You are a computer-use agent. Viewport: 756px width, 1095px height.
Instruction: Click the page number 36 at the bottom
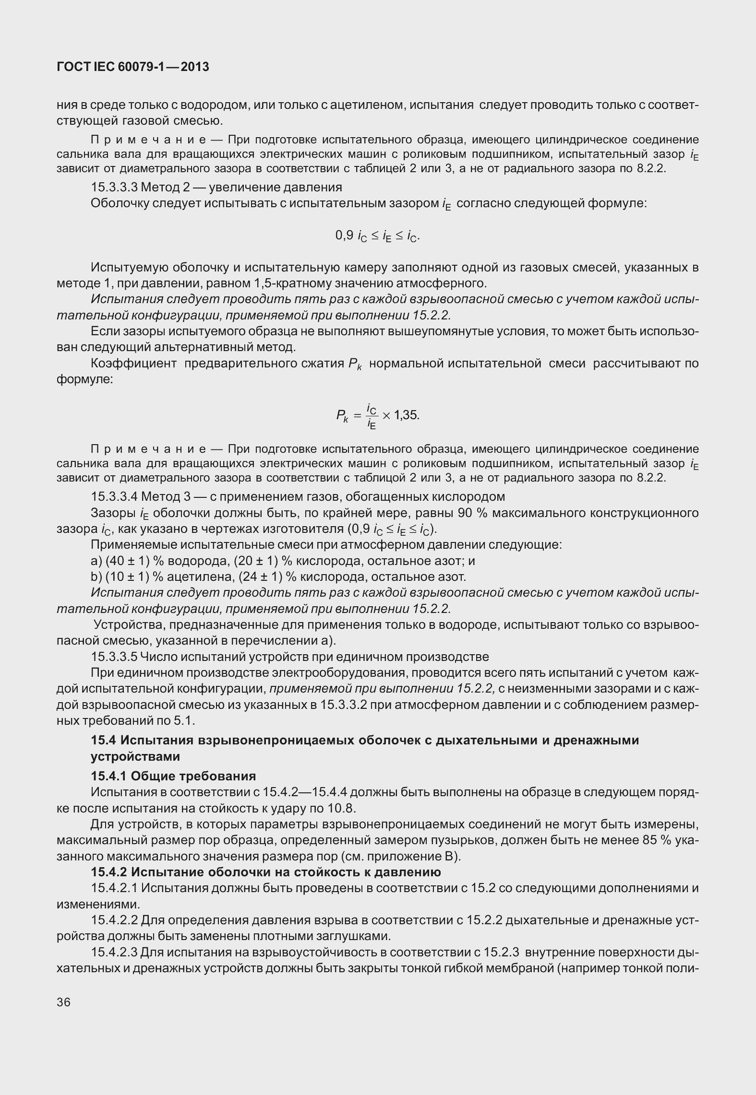click(x=63, y=1002)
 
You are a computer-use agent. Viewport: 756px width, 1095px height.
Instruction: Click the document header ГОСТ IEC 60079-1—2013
click(x=133, y=67)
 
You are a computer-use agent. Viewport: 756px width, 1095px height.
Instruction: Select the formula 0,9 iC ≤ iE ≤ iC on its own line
click(x=377, y=235)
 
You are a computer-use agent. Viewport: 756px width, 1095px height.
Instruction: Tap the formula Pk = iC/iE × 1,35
click(x=377, y=415)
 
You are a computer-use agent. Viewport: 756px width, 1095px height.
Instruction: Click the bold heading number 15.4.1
click(x=108, y=776)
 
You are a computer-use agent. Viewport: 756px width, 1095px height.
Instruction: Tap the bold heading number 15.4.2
click(x=108, y=871)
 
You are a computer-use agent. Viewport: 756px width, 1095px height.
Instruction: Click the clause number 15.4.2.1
click(x=115, y=888)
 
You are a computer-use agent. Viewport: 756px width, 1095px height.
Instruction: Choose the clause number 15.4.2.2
click(x=115, y=920)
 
